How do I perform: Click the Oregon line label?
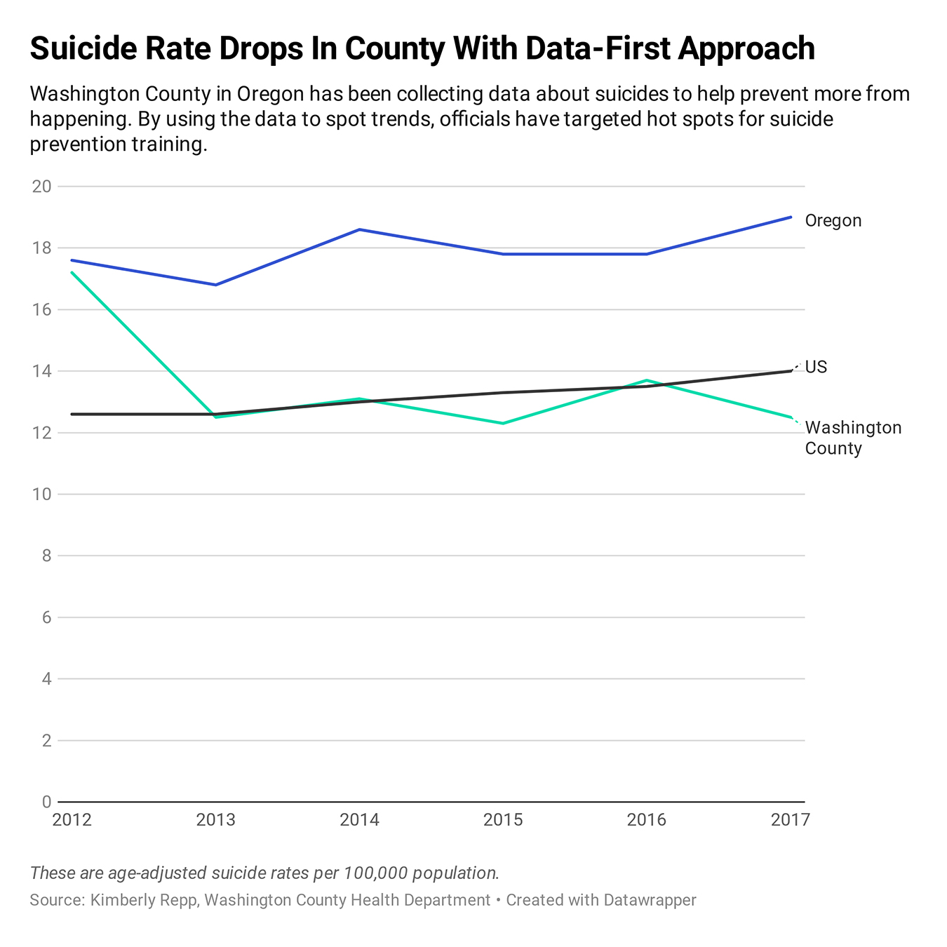point(833,221)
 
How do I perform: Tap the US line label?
point(816,367)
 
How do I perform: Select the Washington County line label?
point(852,438)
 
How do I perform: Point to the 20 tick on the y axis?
point(42,187)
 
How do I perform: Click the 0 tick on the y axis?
point(46,802)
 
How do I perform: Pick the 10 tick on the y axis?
point(42,495)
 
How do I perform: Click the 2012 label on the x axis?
point(72,820)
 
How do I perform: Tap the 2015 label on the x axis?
point(503,820)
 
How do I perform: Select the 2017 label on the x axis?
point(790,820)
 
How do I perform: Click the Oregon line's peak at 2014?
point(359,229)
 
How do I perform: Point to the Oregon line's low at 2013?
point(216,285)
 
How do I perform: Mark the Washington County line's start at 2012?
point(72,272)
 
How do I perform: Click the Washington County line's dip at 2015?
point(503,423)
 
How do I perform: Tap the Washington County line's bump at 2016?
point(647,380)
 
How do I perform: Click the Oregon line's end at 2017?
point(791,217)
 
